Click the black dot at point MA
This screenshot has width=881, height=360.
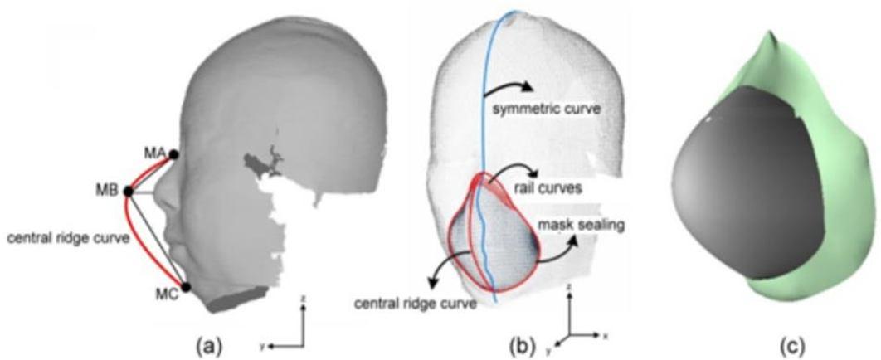[x=173, y=153]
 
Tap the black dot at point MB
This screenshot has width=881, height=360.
[x=129, y=192]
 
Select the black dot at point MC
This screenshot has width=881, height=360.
[x=186, y=287]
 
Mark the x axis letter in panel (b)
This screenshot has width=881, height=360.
[x=606, y=334]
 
